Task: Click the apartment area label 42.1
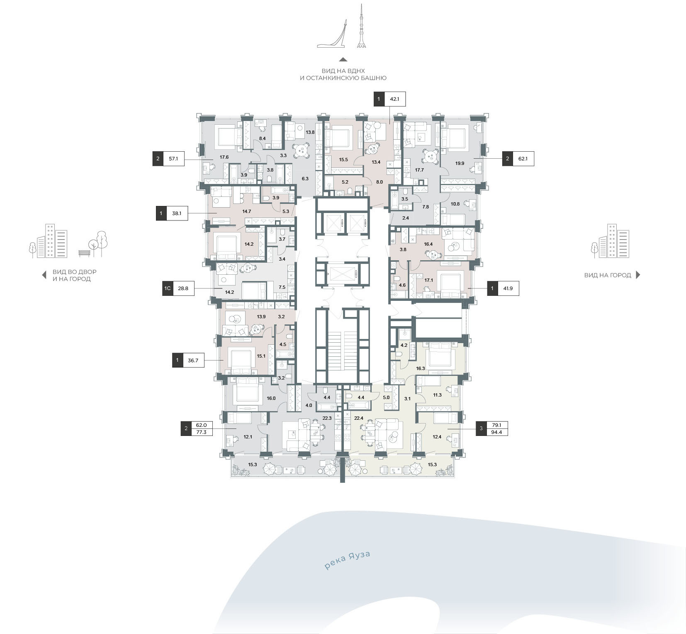[394, 99]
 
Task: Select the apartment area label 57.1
[173, 159]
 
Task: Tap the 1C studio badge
[168, 288]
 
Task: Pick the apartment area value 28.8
[183, 288]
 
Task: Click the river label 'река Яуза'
[347, 560]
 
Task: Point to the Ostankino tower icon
[362, 27]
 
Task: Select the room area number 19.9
[460, 163]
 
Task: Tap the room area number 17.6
[224, 157]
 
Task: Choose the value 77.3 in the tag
[201, 432]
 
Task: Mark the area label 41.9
[508, 288]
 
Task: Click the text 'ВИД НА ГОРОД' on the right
[608, 275]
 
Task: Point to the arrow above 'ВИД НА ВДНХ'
[343, 59]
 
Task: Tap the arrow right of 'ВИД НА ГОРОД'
[638, 275]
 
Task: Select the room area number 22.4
[359, 418]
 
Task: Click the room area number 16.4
[428, 244]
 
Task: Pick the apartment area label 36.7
[193, 361]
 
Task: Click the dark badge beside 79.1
[481, 428]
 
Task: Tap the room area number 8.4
[262, 138]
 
